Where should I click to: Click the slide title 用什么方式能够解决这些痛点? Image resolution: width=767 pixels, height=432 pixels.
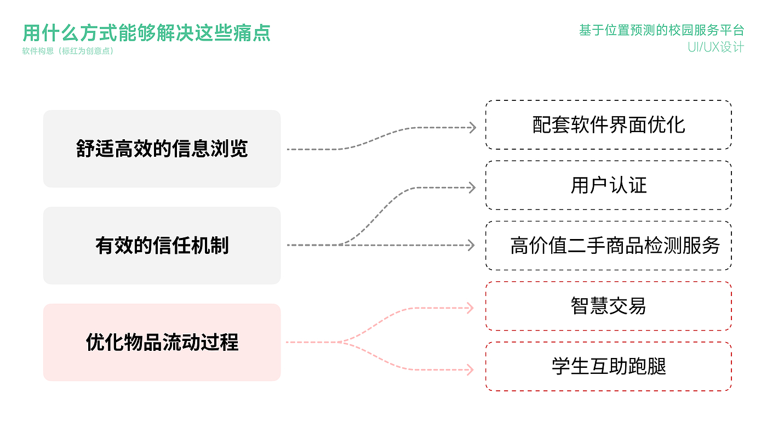(x=147, y=33)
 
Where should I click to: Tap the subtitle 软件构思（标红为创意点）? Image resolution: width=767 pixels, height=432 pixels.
(x=68, y=52)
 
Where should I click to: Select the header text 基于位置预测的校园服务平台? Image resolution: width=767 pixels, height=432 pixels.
(x=661, y=30)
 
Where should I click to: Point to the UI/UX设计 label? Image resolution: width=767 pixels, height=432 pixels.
(x=716, y=47)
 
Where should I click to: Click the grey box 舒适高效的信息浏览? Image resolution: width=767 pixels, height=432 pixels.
(x=162, y=149)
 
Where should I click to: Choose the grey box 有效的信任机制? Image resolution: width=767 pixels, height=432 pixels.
(x=162, y=245)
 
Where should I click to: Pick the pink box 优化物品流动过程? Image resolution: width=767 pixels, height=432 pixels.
(x=162, y=342)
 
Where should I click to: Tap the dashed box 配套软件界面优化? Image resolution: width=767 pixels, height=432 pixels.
(x=608, y=125)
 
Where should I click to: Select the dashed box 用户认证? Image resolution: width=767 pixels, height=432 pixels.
(x=608, y=185)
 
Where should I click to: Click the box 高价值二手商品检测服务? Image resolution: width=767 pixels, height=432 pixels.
(x=608, y=246)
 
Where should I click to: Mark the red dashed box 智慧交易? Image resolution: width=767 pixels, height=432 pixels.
(x=608, y=306)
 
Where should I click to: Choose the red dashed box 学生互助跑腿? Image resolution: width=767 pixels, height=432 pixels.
(x=608, y=366)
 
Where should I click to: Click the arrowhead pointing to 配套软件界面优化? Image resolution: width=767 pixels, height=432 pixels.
(x=472, y=128)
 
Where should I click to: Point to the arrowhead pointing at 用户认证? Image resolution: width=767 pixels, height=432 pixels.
(x=472, y=187)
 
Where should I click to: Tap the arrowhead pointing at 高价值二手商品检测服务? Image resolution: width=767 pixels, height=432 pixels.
(x=471, y=245)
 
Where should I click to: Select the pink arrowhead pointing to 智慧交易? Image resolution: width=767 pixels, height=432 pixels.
(x=470, y=308)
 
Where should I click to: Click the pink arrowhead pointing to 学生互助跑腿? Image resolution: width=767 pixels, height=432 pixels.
(x=470, y=370)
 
